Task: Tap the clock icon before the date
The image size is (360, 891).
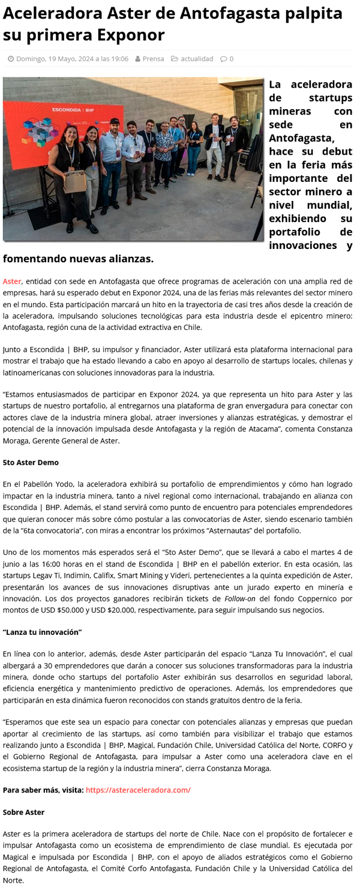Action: point(11,59)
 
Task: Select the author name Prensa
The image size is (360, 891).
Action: point(153,59)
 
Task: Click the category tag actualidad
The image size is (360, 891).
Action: point(197,59)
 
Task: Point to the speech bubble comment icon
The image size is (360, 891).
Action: point(223,59)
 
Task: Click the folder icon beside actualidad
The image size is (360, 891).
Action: point(175,59)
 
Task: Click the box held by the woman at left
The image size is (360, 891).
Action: point(74,181)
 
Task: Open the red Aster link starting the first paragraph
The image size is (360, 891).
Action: point(12,281)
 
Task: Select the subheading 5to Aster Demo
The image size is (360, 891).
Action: point(31,463)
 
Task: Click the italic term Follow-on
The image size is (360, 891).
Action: point(239,599)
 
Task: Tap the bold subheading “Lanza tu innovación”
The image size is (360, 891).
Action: point(42,632)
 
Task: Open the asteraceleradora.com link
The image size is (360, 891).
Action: point(138,790)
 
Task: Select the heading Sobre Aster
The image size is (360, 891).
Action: point(24,812)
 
